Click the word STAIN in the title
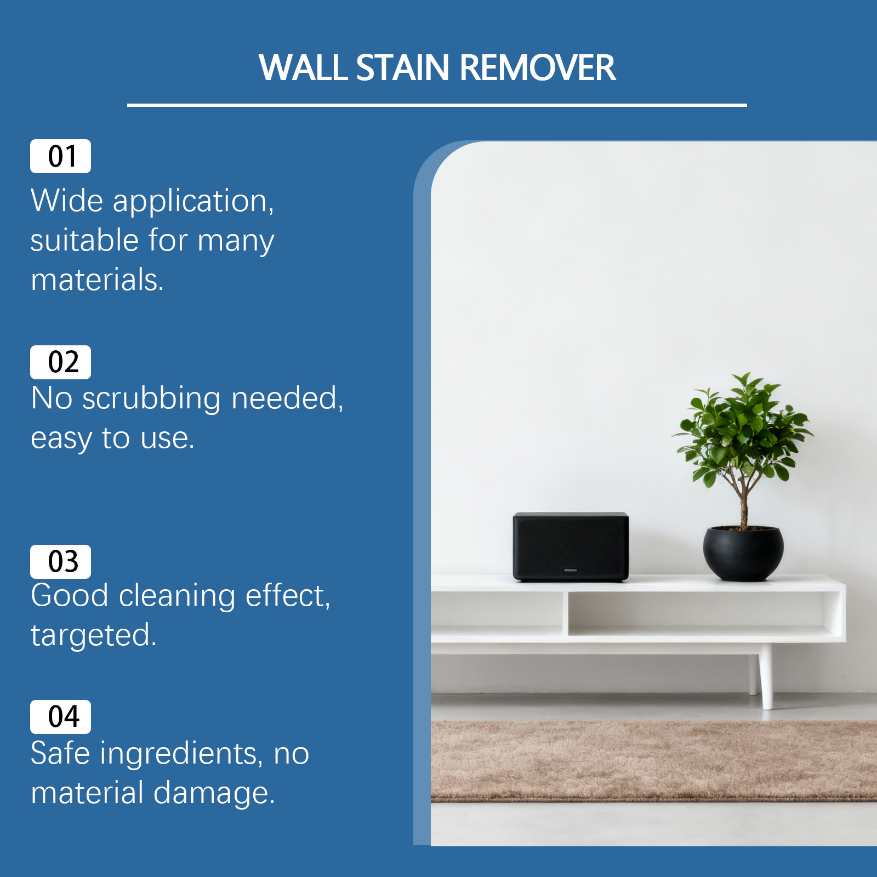point(403,68)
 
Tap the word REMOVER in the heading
point(537,68)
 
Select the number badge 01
point(60,156)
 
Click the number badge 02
point(60,362)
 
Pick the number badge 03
point(60,562)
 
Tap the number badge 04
point(60,717)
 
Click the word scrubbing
point(151,399)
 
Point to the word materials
point(97,280)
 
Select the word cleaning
point(177,596)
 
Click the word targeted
point(94,636)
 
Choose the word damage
point(214,794)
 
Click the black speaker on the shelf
point(571,547)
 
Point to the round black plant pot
point(743,553)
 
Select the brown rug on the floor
point(653,761)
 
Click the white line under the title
point(437,105)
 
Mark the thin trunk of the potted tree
point(743,502)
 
